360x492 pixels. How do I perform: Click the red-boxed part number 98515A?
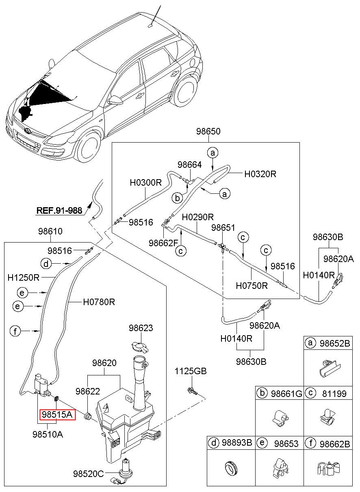(x=57, y=415)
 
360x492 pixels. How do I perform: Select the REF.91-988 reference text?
(x=59, y=210)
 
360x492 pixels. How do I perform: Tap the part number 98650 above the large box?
(x=208, y=131)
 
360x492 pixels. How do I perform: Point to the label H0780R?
(x=99, y=302)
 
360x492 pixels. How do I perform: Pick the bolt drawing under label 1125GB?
(x=192, y=391)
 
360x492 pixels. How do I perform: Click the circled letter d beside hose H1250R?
(x=46, y=263)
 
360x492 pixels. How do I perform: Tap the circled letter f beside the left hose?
(x=15, y=331)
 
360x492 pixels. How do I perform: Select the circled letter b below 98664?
(x=177, y=198)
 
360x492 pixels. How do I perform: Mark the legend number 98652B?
(x=334, y=343)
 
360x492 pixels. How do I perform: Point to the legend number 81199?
(x=334, y=394)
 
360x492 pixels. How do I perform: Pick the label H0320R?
(x=260, y=174)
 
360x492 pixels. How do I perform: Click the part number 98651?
(x=223, y=228)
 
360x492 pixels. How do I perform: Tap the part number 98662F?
(x=163, y=243)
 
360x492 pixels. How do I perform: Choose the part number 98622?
(x=88, y=391)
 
